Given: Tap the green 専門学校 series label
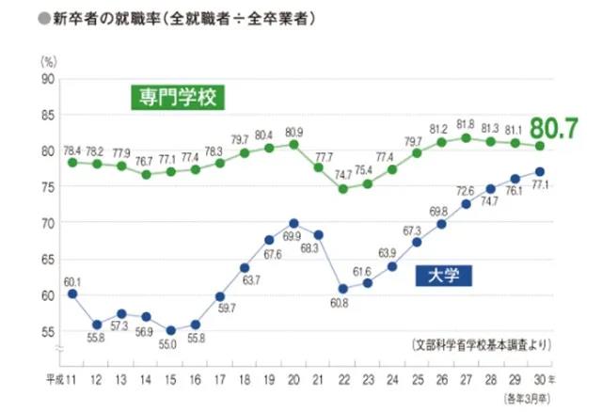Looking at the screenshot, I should pyautogui.click(x=178, y=98).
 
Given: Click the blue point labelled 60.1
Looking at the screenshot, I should pyautogui.click(x=72, y=293).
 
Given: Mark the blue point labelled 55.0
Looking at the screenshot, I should pyautogui.click(x=170, y=330).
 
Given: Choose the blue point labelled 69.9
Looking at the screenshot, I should pyautogui.click(x=293, y=223).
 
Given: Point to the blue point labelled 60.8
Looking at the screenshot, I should pyautogui.click(x=342, y=289).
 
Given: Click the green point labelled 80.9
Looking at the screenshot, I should pyautogui.click(x=293, y=144).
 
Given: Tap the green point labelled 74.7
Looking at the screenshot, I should pyautogui.click(x=342, y=188).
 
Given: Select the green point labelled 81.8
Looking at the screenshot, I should pyautogui.click(x=466, y=137).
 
